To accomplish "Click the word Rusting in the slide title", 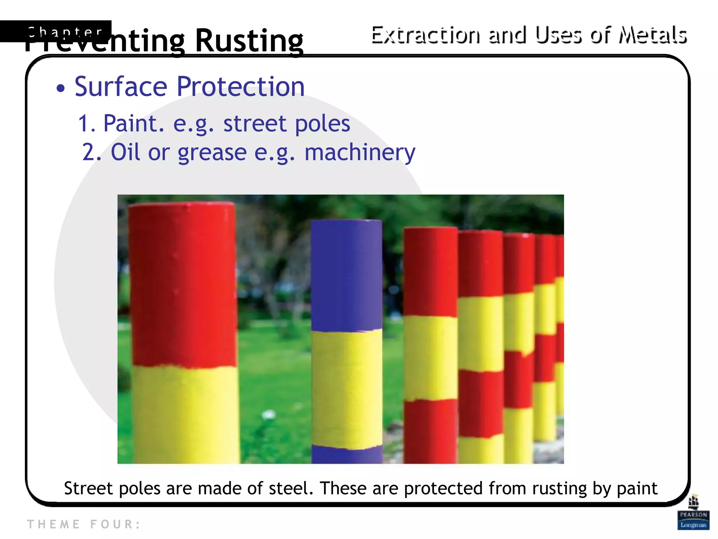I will point(249,40).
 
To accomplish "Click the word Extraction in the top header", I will point(425,35).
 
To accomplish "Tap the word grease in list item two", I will point(212,152).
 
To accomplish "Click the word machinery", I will point(360,152).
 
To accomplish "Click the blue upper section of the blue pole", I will point(346,274).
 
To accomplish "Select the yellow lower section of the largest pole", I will point(186,414).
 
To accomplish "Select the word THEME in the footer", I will point(54,524).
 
